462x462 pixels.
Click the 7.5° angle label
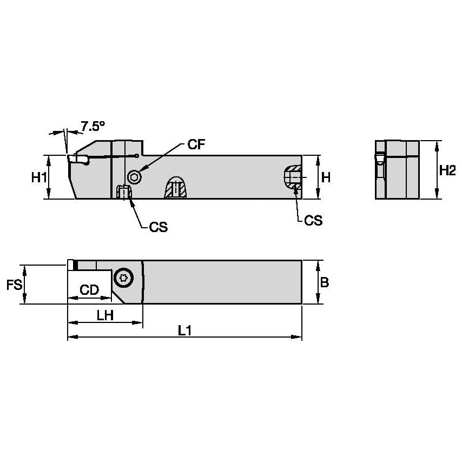point(93,127)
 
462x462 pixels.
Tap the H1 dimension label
point(37,177)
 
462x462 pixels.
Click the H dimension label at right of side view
point(326,177)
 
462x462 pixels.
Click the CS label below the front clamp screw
point(158,227)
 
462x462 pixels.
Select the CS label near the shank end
point(313,220)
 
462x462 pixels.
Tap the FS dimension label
point(14,285)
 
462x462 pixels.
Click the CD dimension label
point(89,290)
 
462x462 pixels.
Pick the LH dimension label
point(105,315)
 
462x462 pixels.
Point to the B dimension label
point(324,282)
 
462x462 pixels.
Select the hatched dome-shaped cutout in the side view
point(176,188)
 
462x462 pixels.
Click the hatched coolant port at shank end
point(293,178)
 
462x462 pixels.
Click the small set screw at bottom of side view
point(123,192)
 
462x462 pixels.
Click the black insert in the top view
point(75,264)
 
